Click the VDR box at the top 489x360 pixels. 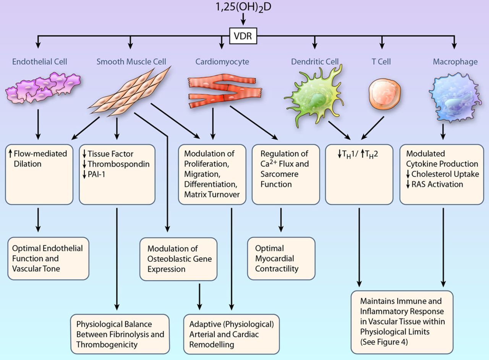point(243,36)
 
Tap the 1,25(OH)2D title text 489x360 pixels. point(243,7)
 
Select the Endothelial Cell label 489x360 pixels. point(39,62)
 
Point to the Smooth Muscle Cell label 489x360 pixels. point(131,62)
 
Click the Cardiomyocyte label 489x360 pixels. point(222,62)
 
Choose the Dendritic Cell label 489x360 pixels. point(314,62)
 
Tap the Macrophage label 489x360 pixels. point(455,62)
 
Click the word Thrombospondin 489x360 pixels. point(118,164)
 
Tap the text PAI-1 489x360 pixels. point(96,174)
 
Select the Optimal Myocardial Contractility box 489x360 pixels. point(281,258)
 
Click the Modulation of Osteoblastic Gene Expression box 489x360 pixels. point(178,259)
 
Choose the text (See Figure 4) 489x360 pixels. point(384,342)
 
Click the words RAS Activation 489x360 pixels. point(437,184)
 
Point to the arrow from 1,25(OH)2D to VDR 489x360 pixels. point(243,19)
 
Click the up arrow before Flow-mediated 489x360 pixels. point(10,154)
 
